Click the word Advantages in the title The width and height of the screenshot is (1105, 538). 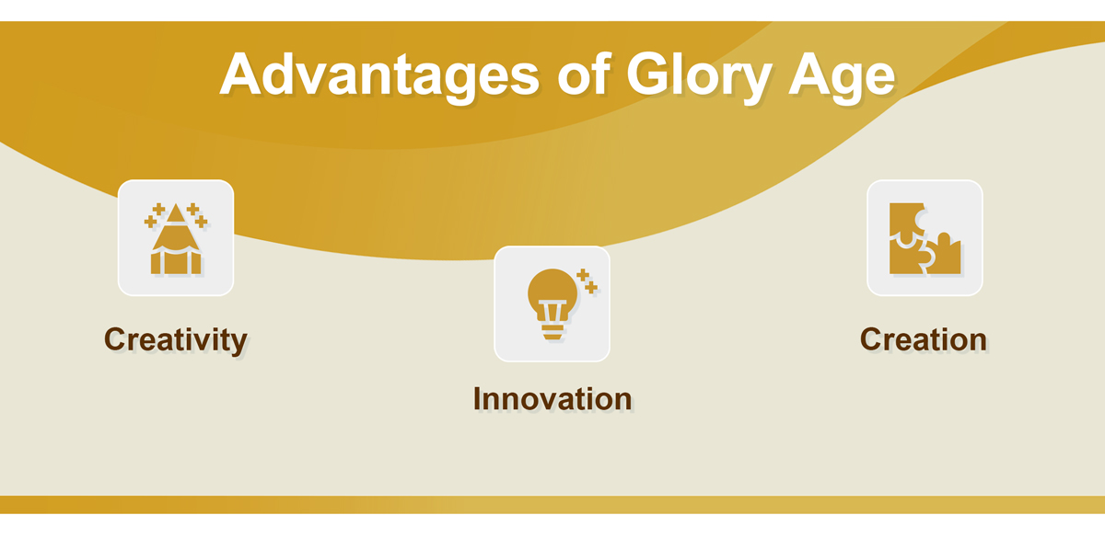379,74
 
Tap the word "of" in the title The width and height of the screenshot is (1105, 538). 585,73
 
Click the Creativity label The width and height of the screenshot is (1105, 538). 176,340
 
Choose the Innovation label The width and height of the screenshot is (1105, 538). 552,398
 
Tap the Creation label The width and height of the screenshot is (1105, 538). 924,339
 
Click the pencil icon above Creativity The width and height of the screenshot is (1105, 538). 176,238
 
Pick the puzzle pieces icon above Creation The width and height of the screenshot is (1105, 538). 925,238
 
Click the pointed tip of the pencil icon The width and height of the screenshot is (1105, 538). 176,205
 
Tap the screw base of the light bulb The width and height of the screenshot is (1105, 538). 552,332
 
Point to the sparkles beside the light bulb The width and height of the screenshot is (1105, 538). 587,280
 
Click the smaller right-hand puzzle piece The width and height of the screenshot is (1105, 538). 942,257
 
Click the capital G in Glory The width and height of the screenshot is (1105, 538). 649,74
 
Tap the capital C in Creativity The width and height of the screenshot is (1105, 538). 116,339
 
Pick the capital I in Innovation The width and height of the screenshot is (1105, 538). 477,398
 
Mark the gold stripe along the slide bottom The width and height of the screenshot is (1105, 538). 552,505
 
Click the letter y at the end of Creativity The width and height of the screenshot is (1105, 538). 238,343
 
